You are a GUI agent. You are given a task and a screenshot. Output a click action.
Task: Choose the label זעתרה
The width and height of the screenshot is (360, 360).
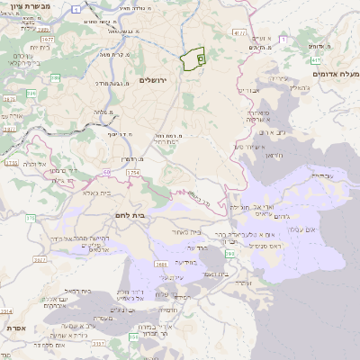tap(241, 283)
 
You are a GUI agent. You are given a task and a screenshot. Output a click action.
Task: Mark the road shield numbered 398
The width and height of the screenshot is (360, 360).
tap(230, 255)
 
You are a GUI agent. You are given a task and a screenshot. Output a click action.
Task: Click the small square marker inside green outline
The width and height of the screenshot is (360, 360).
tap(200, 58)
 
